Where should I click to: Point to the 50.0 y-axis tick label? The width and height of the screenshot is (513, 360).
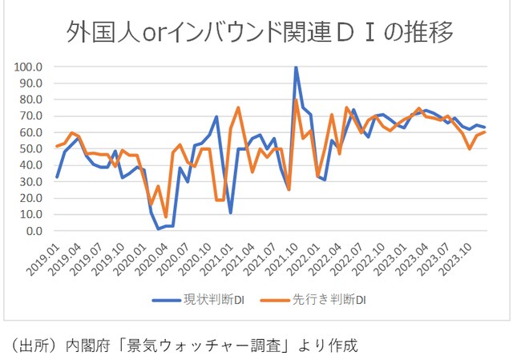30,149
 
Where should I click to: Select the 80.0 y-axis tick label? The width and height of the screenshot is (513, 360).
30,99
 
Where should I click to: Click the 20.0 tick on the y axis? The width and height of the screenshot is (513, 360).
30,198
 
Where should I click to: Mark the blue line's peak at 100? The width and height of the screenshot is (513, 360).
297,67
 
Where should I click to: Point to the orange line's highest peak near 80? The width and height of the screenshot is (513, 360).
297,99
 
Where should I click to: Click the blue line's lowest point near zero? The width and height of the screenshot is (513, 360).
159,229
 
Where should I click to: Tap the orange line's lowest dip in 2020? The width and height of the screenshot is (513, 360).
166,217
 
